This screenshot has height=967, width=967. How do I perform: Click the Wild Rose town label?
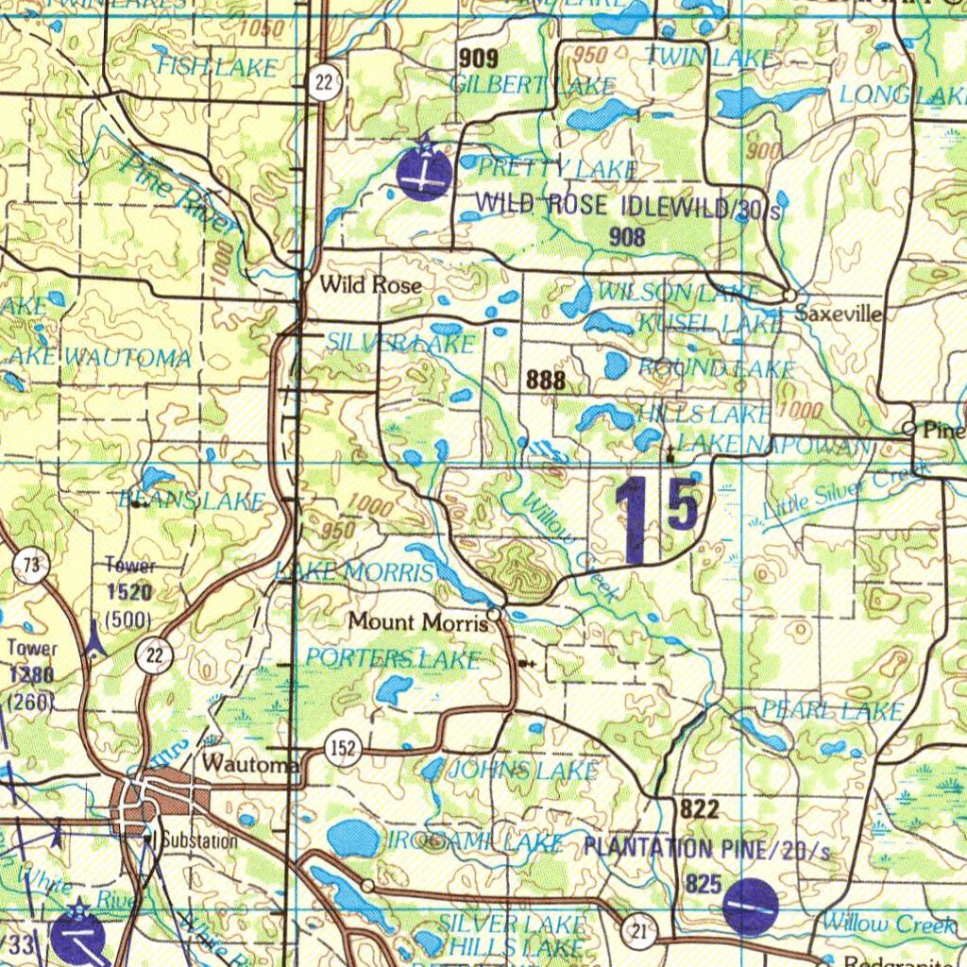click(x=370, y=284)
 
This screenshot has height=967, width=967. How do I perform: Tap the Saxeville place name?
click(x=839, y=314)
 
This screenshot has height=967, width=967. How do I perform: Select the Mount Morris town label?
click(x=417, y=621)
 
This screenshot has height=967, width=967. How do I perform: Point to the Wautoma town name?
click(x=249, y=762)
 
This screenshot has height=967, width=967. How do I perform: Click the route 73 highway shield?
click(x=31, y=566)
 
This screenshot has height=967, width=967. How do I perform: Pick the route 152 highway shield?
click(x=342, y=749)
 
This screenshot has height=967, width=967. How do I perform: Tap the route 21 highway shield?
click(x=639, y=933)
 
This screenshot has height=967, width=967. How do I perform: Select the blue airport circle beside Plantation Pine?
click(x=750, y=907)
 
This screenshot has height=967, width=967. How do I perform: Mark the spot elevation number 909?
click(x=478, y=59)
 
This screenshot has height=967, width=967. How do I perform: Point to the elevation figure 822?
click(x=699, y=808)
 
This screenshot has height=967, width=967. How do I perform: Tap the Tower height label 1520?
click(x=129, y=592)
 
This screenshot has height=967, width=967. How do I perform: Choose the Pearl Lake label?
click(x=832, y=711)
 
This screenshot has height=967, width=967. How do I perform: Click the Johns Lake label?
click(x=522, y=771)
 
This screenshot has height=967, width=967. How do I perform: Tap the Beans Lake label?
click(x=191, y=501)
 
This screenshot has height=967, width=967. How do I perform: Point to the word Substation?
click(x=198, y=840)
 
